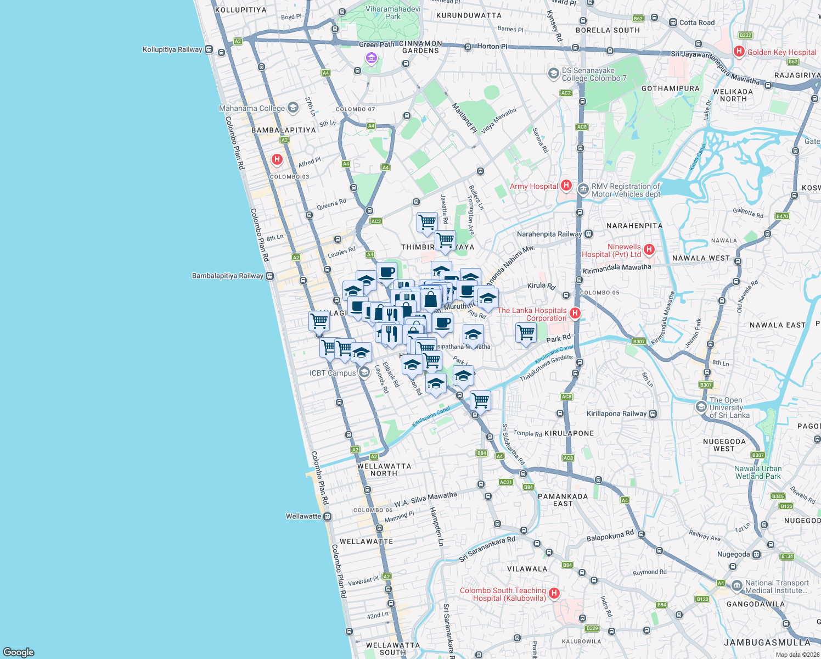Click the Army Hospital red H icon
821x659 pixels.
pyautogui.click(x=566, y=186)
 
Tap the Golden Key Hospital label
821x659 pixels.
pyautogui.click(x=781, y=52)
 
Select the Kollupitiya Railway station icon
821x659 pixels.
pyautogui.click(x=209, y=49)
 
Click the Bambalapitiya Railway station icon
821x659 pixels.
pyautogui.click(x=269, y=276)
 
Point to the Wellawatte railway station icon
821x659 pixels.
pyautogui.click(x=328, y=516)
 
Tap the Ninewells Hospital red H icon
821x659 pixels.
pyautogui.click(x=649, y=250)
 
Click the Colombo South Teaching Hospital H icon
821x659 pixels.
pyautogui.click(x=554, y=593)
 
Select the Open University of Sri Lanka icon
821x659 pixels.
pyautogui.click(x=701, y=407)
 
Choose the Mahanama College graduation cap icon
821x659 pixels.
pyautogui.click(x=293, y=108)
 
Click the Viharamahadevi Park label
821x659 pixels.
pyautogui.click(x=393, y=13)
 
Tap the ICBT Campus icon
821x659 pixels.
pyautogui.click(x=364, y=373)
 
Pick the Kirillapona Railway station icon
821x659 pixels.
pyautogui.click(x=653, y=414)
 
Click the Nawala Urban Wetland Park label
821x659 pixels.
pyautogui.click(x=758, y=472)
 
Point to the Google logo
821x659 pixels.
pyautogui.click(x=19, y=652)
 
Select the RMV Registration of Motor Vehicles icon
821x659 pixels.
pyautogui.click(x=582, y=189)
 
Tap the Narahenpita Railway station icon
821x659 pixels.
pyautogui.click(x=588, y=234)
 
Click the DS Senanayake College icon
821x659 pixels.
pyautogui.click(x=553, y=73)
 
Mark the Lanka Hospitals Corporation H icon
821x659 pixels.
pyautogui.click(x=575, y=313)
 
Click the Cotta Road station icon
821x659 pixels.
pyautogui.click(x=673, y=23)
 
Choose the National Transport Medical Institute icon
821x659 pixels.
pyautogui.click(x=736, y=586)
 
